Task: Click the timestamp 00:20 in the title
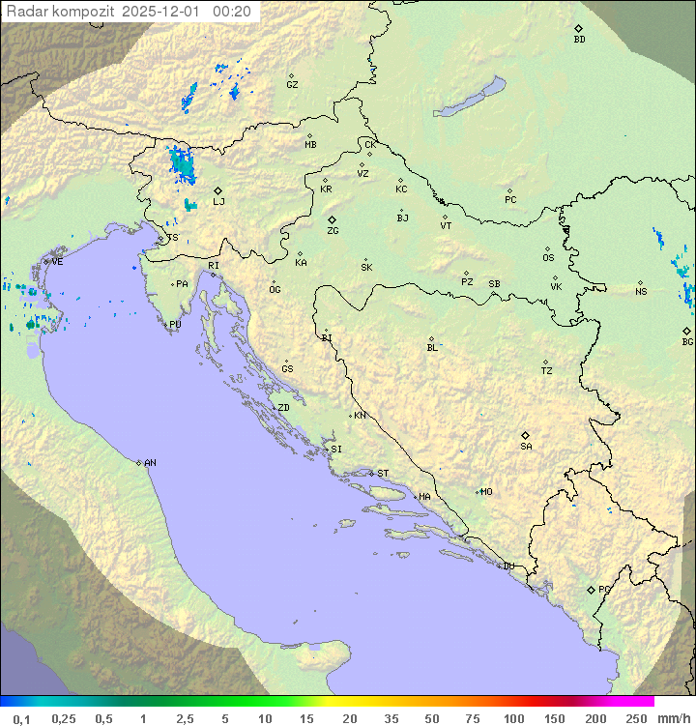pos(232,12)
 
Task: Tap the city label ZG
pos(333,231)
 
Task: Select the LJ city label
pos(218,202)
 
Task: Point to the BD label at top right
pos(579,40)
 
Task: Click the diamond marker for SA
pos(526,435)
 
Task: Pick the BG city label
pos(687,342)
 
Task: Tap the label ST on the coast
pos(383,474)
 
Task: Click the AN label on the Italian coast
pos(150,463)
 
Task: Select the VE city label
pos(57,262)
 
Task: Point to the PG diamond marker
pos(591,590)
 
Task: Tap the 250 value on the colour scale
pos(636,718)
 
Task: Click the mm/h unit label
pos(673,718)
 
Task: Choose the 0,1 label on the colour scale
pos(21,718)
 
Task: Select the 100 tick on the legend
pos(513,718)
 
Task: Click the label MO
pos(486,492)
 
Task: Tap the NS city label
pos(641,292)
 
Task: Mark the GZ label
pos(292,85)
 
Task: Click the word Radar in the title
pos(26,12)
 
